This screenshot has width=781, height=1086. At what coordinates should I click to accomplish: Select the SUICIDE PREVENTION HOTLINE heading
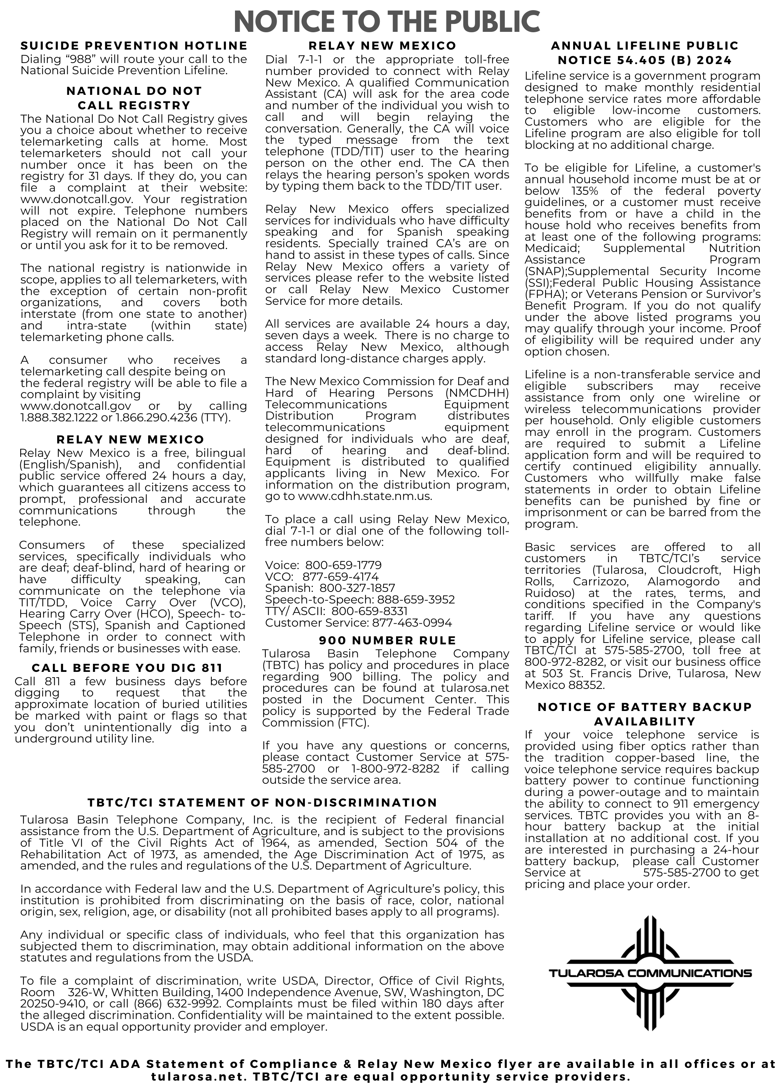pyautogui.click(x=134, y=46)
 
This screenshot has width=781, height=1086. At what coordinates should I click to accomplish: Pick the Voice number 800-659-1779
pyautogui.click(x=343, y=565)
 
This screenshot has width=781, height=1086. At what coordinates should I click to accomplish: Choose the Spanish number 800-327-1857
pyautogui.click(x=357, y=588)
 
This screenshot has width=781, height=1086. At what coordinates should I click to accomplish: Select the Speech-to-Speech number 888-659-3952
pyautogui.click(x=416, y=599)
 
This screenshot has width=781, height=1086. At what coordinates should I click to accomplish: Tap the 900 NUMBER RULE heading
pyautogui.click(x=387, y=640)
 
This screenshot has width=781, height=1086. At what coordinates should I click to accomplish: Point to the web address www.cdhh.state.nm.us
pyautogui.click(x=365, y=496)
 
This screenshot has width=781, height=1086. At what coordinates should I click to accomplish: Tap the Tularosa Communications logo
pyautogui.click(x=650, y=973)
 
